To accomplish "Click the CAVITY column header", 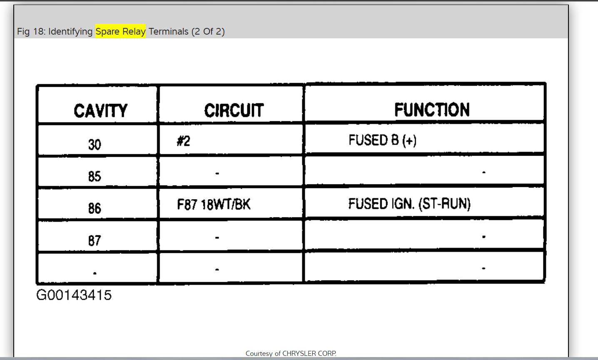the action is tap(100, 111).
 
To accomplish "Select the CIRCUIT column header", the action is tap(234, 110).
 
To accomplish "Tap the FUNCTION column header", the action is tap(432, 110).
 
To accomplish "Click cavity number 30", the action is tap(95, 145).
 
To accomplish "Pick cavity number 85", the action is tap(95, 176).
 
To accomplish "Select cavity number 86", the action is tap(95, 208).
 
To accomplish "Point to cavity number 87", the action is tap(95, 240).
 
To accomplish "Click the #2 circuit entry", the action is tap(183, 141).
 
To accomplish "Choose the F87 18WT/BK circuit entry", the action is tap(214, 204).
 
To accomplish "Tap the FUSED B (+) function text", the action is tap(382, 140).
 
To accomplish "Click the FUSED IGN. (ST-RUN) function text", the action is tap(409, 204).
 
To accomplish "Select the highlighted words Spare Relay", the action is tap(120, 31).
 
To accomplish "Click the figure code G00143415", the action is tap(74, 295).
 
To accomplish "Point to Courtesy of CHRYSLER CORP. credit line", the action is tap(291, 353).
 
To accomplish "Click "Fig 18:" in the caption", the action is tap(31, 31).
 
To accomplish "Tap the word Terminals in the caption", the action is tap(168, 31).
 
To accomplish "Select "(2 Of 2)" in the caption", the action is tap(208, 31).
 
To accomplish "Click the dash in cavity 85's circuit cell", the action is tap(217, 173).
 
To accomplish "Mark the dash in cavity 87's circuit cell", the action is tap(217, 237).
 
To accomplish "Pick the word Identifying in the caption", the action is tap(70, 31).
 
